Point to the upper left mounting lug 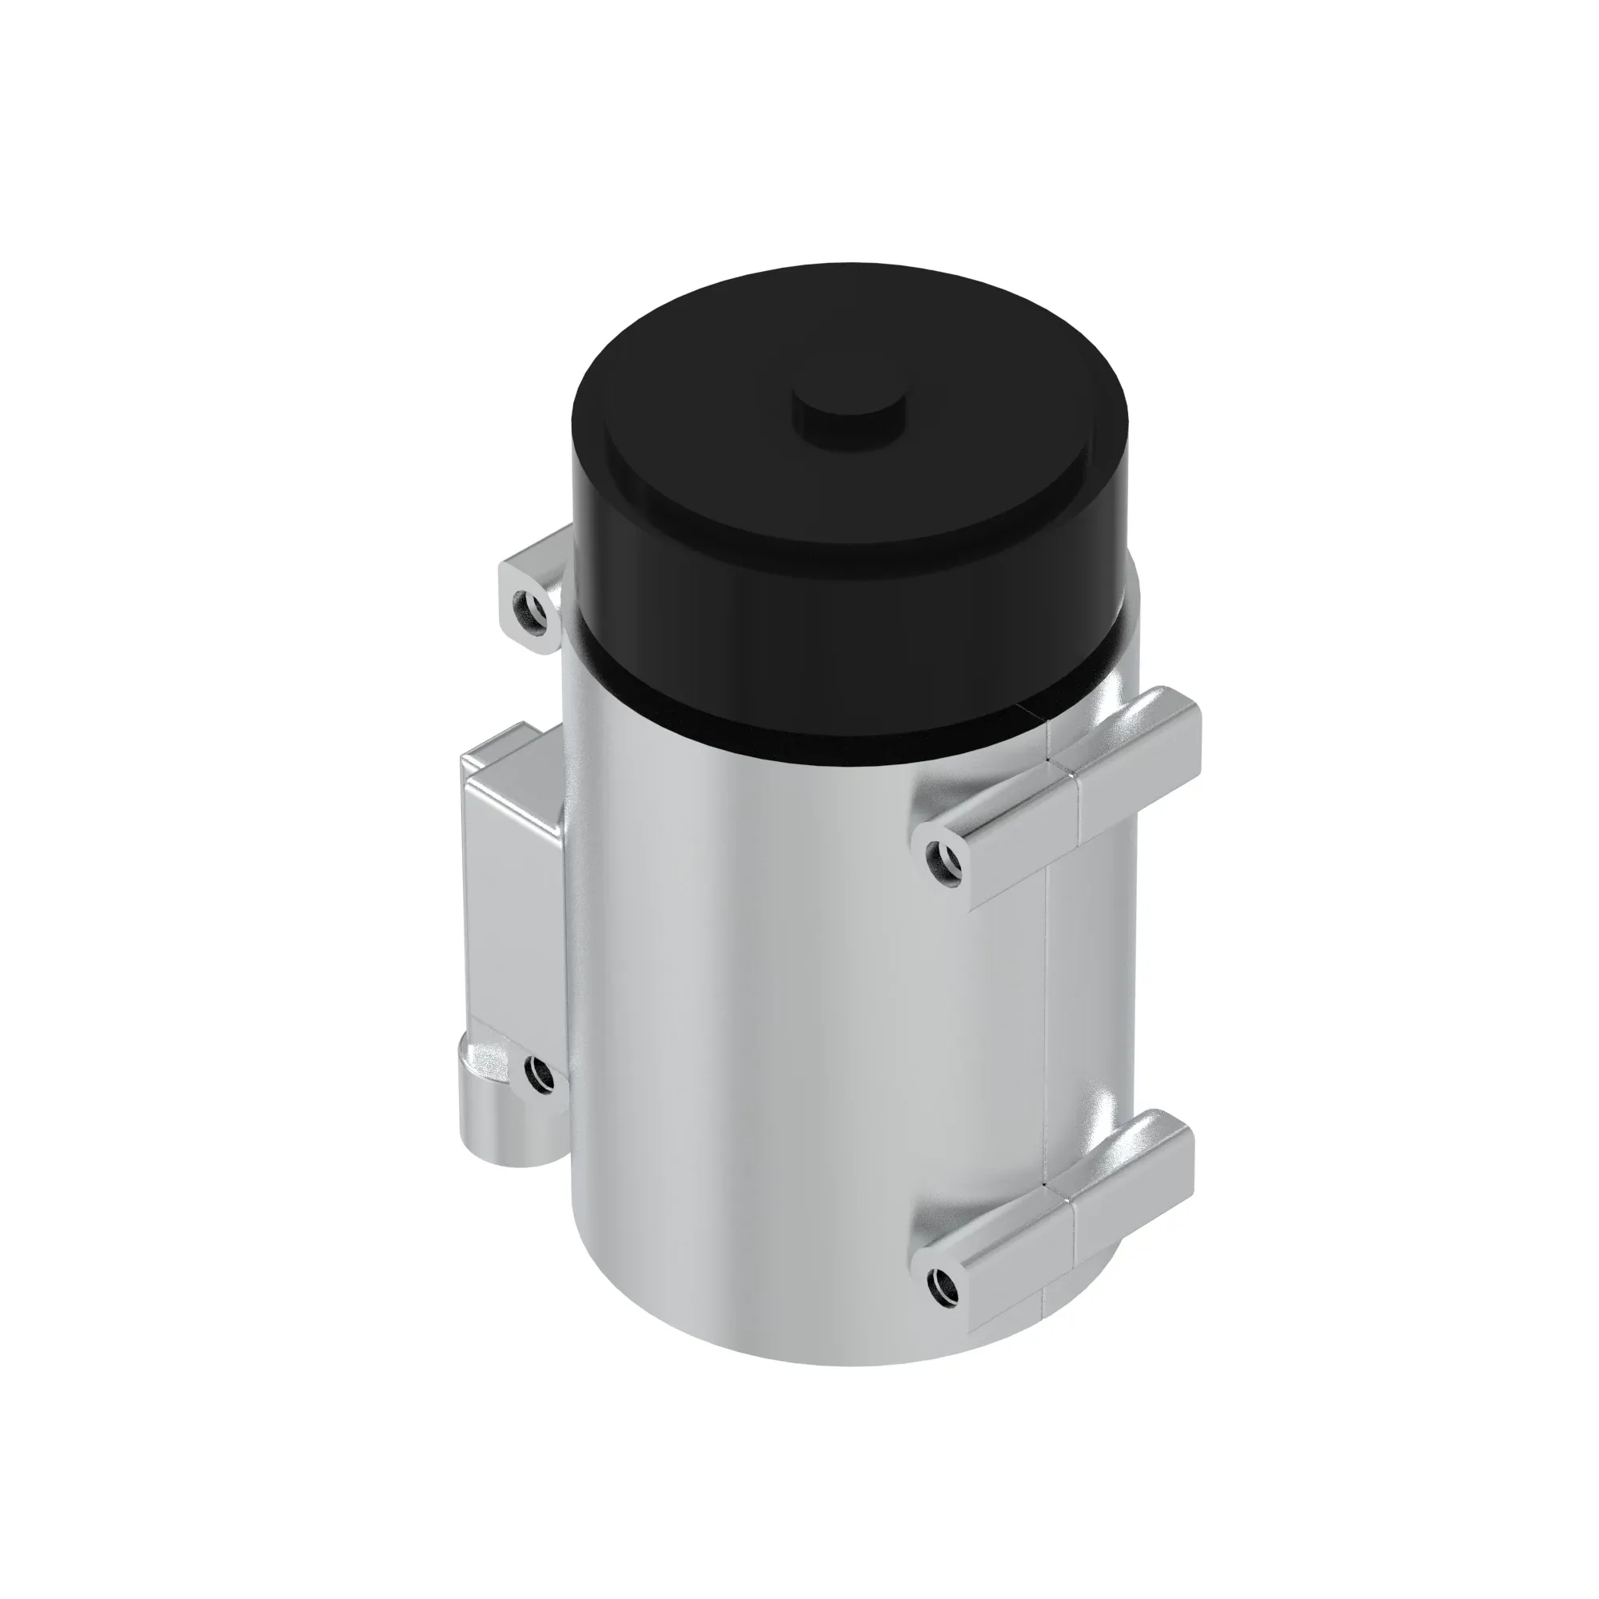click(x=530, y=588)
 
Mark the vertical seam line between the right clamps click(x=1049, y=1035)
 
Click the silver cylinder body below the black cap click(x=786, y=1035)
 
